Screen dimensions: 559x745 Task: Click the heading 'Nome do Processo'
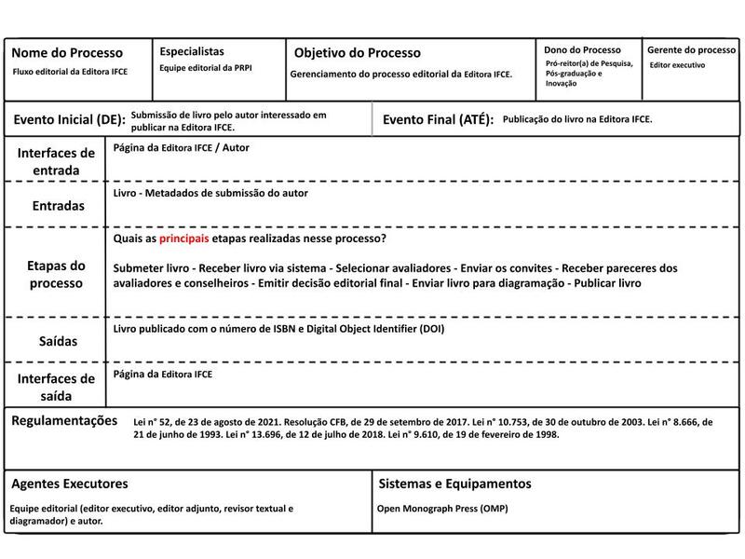66,53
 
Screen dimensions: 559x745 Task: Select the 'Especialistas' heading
192,52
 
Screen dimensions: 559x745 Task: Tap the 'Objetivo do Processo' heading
358,53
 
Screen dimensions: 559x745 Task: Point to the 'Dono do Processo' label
583,49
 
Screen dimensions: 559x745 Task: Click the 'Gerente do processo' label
691,49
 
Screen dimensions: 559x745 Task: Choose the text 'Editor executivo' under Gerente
677,65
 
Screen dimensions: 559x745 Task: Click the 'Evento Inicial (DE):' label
69,120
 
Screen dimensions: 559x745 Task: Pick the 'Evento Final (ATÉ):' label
438,120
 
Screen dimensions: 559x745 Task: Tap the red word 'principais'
184,239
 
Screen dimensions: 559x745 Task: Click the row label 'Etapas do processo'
57,274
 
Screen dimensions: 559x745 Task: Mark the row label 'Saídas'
57,342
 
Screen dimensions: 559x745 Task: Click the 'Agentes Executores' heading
70,484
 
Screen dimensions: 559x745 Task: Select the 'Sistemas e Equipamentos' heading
454,484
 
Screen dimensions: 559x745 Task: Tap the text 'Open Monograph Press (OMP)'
442,510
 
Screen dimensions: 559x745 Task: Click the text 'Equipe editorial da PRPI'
205,69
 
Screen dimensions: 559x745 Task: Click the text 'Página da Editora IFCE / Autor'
181,147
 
